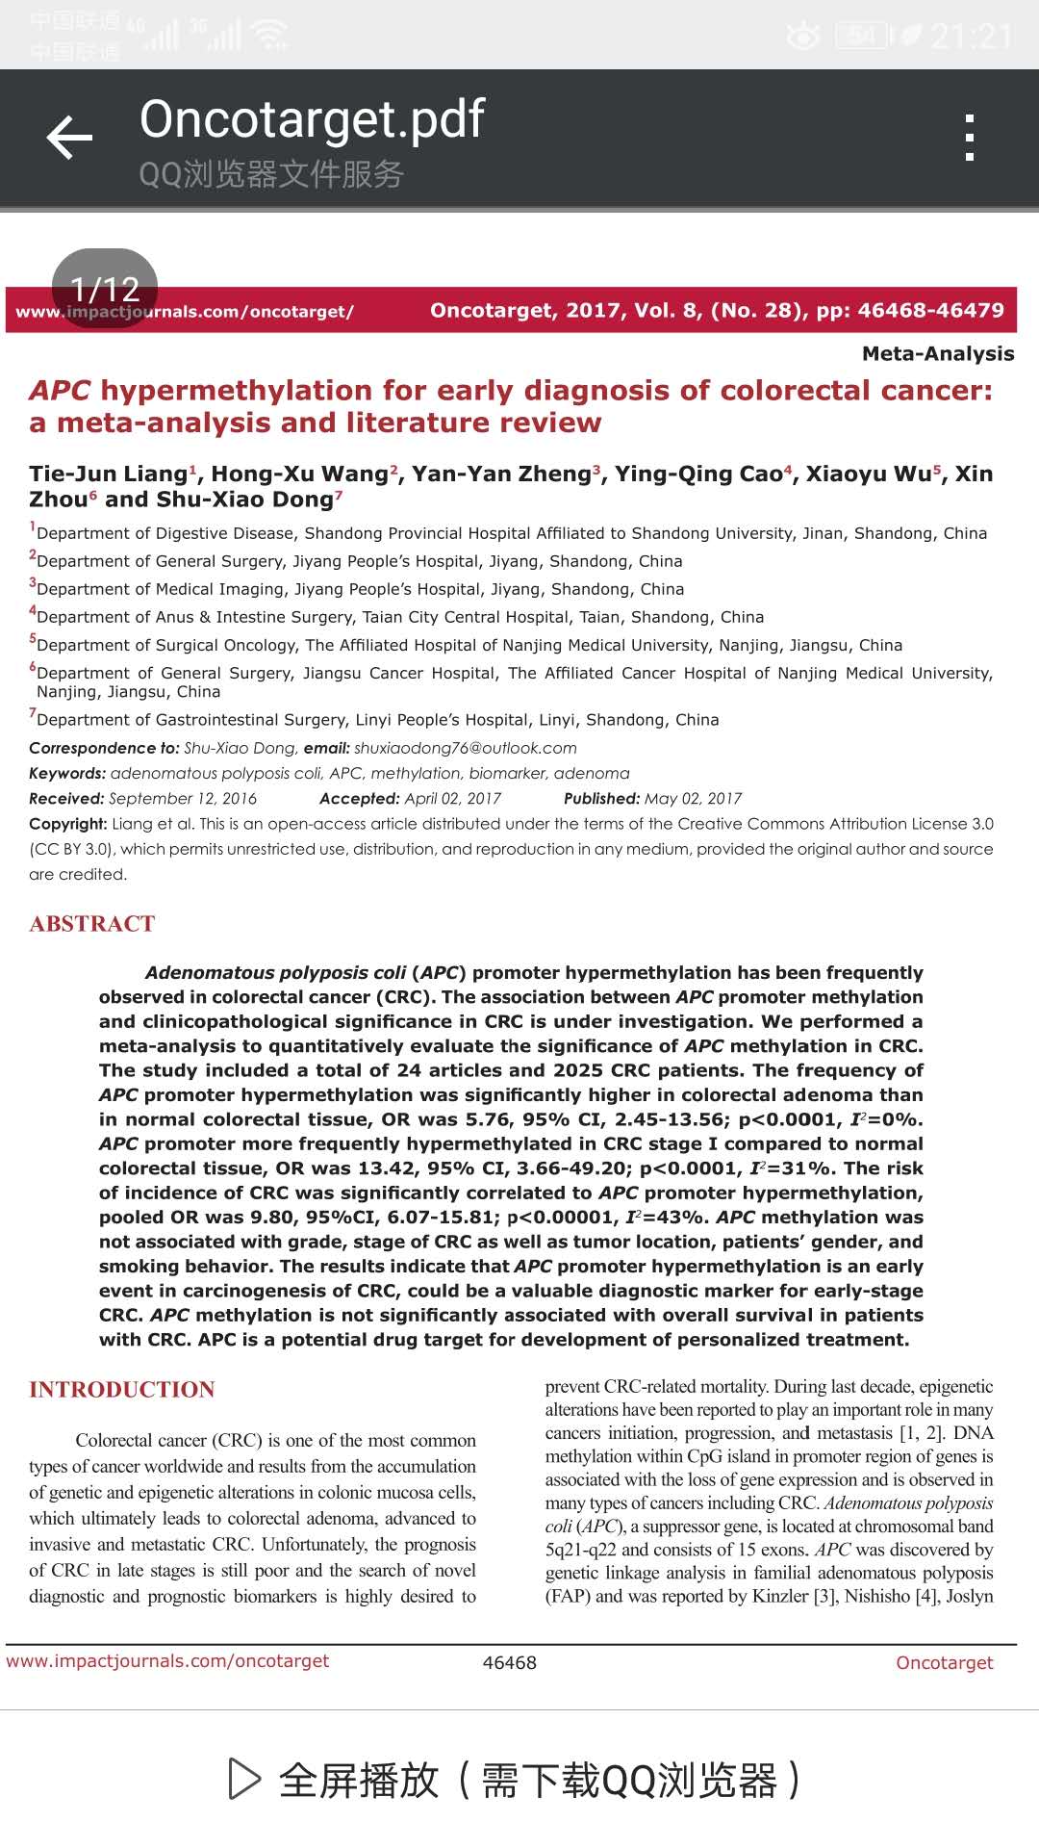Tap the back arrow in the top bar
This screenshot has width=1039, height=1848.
(x=69, y=138)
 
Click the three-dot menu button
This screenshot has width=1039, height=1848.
(x=969, y=138)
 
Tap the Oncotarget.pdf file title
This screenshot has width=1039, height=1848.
(x=312, y=119)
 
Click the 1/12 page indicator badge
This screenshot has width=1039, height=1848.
(x=105, y=288)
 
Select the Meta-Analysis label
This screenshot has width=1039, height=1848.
(x=938, y=353)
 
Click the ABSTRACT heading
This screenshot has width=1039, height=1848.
(x=92, y=924)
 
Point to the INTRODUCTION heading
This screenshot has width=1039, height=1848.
(x=122, y=1390)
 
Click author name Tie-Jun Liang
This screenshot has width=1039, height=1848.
(x=108, y=474)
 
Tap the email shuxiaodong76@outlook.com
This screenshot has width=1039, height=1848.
(x=465, y=748)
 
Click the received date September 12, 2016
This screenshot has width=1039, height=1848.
(x=183, y=799)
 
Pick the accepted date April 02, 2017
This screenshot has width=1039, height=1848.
(x=452, y=799)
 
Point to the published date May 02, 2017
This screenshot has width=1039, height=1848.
(x=693, y=799)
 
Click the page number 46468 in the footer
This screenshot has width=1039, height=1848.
(x=510, y=1662)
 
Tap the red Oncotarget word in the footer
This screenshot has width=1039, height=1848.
(x=944, y=1662)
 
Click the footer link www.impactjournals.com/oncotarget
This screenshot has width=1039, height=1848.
(x=167, y=1661)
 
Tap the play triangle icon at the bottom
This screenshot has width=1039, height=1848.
(x=244, y=1779)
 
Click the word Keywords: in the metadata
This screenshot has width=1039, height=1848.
(x=67, y=774)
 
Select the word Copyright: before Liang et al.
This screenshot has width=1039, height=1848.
(x=68, y=824)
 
